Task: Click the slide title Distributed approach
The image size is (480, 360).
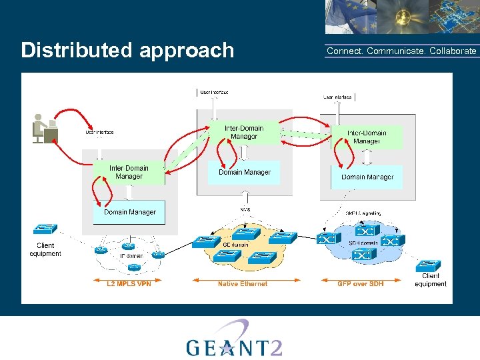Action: [x=127, y=51]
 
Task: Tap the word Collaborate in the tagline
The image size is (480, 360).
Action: [x=453, y=51]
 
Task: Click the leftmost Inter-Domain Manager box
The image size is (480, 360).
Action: [x=129, y=172]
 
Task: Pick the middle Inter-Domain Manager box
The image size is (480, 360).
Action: [x=244, y=132]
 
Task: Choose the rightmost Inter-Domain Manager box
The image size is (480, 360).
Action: [x=367, y=137]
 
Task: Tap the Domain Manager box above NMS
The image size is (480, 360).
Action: [x=245, y=172]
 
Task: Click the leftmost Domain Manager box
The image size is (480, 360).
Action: [x=129, y=212]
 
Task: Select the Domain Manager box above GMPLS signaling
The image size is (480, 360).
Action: [x=367, y=177]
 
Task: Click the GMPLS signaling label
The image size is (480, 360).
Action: [x=363, y=213]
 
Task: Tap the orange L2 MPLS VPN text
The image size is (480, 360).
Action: [x=129, y=284]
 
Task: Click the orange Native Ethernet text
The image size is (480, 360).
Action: [x=243, y=284]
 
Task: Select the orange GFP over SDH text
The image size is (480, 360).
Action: [x=361, y=284]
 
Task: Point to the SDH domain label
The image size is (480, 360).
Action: [x=363, y=243]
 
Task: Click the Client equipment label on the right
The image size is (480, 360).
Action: [x=431, y=280]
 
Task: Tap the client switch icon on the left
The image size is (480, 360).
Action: [x=45, y=229]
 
